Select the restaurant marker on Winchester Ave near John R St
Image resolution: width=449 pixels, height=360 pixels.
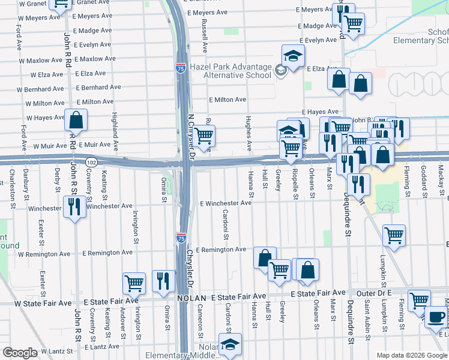coord(74,207)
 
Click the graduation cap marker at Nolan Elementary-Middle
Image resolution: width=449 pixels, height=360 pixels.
coord(230,344)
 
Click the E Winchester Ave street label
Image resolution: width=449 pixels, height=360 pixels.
coord(225,203)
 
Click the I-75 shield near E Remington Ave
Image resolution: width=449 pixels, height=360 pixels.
coord(181,238)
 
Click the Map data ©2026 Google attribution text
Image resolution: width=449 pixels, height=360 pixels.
coord(412,355)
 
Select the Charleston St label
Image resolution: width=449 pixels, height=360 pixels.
coord(12,188)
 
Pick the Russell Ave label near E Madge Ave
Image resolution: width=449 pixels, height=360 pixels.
coord(205,35)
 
